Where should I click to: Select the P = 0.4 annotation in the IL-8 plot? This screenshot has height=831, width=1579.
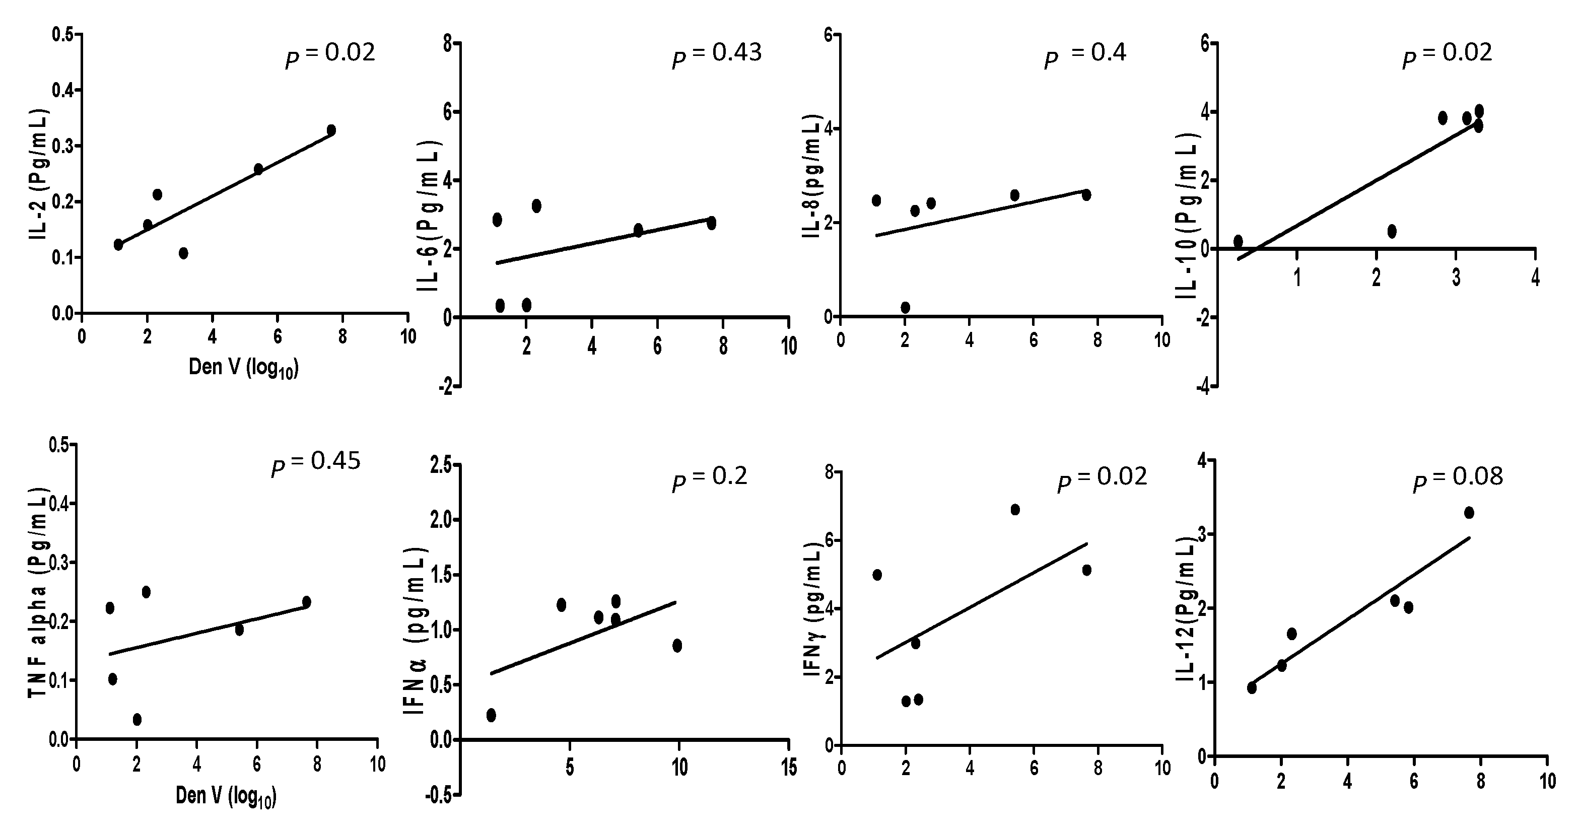[x=1085, y=55]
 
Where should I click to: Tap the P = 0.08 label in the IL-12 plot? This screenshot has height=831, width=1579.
[x=1458, y=478]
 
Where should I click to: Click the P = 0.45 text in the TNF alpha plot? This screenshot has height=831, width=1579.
[x=316, y=463]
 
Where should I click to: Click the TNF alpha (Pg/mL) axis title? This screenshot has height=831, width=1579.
[x=38, y=591]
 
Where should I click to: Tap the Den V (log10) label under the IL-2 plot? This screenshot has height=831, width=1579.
[x=243, y=368]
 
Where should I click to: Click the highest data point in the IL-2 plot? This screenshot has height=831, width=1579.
[x=331, y=130]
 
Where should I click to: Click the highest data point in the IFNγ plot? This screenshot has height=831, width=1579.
[x=1014, y=509]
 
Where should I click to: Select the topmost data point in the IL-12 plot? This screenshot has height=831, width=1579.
[x=1469, y=512]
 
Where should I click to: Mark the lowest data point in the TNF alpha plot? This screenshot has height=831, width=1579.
[x=138, y=719]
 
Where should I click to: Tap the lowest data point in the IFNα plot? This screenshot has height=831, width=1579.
[x=491, y=715]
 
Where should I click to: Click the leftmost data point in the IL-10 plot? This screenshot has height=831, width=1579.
[x=1238, y=241]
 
